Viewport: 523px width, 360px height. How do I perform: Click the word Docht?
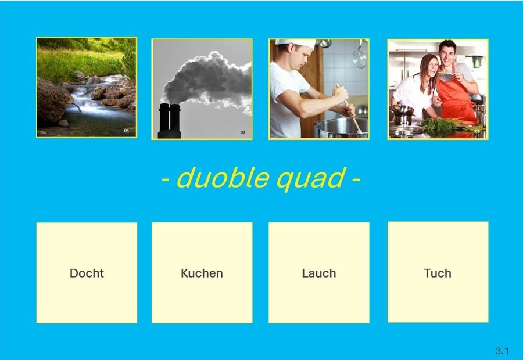(87, 273)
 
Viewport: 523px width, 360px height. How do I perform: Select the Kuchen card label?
(202, 273)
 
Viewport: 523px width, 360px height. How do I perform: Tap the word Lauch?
(319, 273)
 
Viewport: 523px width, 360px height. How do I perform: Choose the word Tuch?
(438, 273)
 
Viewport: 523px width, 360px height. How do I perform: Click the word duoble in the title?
(223, 178)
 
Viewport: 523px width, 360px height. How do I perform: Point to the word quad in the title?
(311, 179)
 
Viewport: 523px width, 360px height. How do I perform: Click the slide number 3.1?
(502, 351)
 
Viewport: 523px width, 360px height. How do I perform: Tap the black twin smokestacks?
(170, 121)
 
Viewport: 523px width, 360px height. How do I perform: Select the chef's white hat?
(296, 43)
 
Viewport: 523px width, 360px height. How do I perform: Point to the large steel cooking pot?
(341, 128)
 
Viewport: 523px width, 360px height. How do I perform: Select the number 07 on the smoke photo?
(243, 132)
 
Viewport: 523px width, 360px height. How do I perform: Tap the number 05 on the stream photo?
(127, 131)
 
